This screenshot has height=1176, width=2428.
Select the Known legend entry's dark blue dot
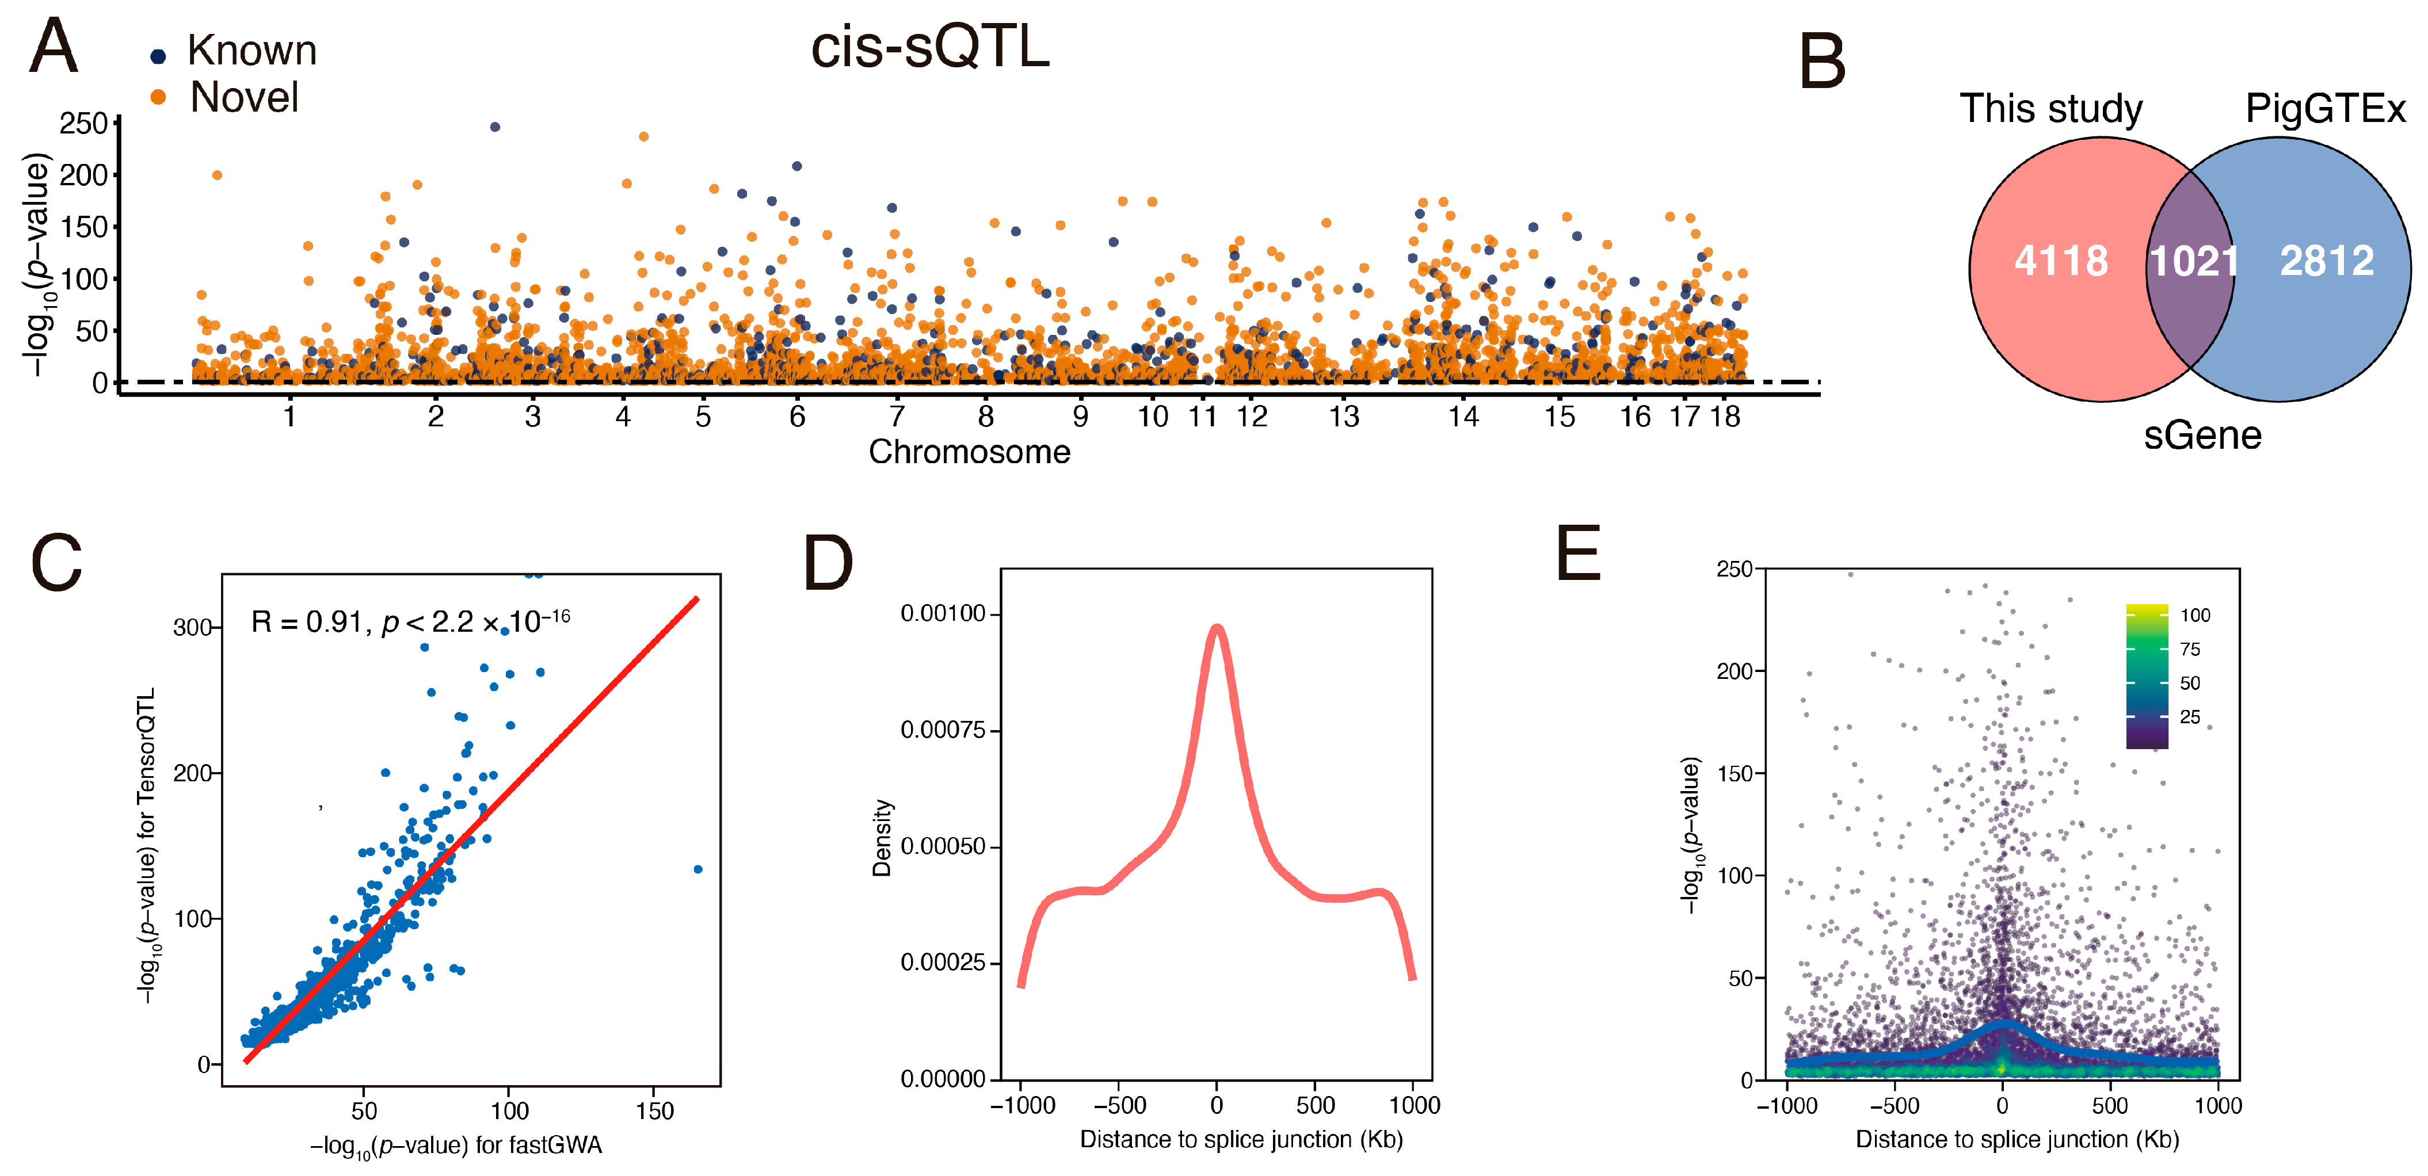click(x=158, y=56)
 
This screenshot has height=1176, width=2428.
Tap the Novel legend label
click(x=244, y=97)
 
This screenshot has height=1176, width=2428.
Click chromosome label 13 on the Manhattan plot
click(x=1344, y=417)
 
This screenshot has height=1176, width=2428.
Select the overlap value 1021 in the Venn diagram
click(x=2193, y=261)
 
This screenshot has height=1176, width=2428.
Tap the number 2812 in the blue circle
click(x=2326, y=261)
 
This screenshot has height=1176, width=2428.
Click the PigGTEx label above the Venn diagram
click(x=2325, y=109)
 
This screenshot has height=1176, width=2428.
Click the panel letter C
click(x=56, y=563)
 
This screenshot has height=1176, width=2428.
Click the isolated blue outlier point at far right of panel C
click(x=697, y=869)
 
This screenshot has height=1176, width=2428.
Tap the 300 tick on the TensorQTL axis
click(x=192, y=628)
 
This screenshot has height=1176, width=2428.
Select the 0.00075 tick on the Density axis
click(x=943, y=730)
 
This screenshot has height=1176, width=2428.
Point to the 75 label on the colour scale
click(x=2190, y=649)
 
